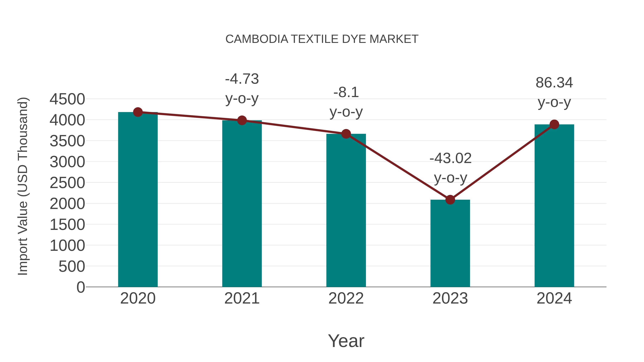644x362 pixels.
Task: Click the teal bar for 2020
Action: click(138, 200)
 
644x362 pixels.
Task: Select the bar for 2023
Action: click(450, 244)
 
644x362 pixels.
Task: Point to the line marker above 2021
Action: click(242, 120)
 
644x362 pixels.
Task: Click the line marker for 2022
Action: click(346, 134)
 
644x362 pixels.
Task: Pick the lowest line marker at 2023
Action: click(450, 200)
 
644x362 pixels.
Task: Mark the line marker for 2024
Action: click(554, 124)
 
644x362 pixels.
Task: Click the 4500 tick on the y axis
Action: click(67, 99)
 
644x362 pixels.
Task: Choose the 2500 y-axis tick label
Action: click(67, 183)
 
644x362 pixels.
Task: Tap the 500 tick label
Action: click(72, 267)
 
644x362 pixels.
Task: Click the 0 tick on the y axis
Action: click(80, 287)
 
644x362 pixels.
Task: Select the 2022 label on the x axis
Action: click(346, 298)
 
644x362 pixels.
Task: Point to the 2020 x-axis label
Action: click(138, 298)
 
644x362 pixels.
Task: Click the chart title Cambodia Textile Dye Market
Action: click(322, 39)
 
